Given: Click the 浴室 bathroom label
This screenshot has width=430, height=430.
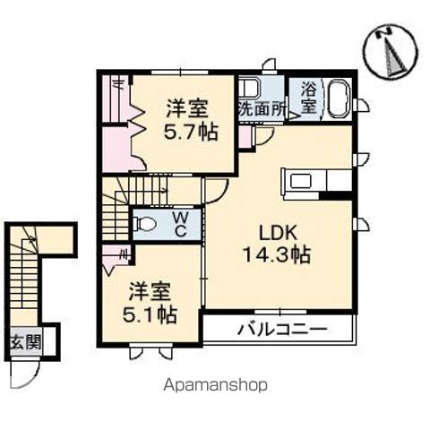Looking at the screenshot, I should point(308,97).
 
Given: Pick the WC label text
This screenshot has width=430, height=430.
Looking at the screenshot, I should point(179,224).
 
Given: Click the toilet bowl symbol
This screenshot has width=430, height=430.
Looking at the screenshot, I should point(148,223).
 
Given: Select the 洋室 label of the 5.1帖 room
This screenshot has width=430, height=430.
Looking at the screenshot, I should point(150,291).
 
